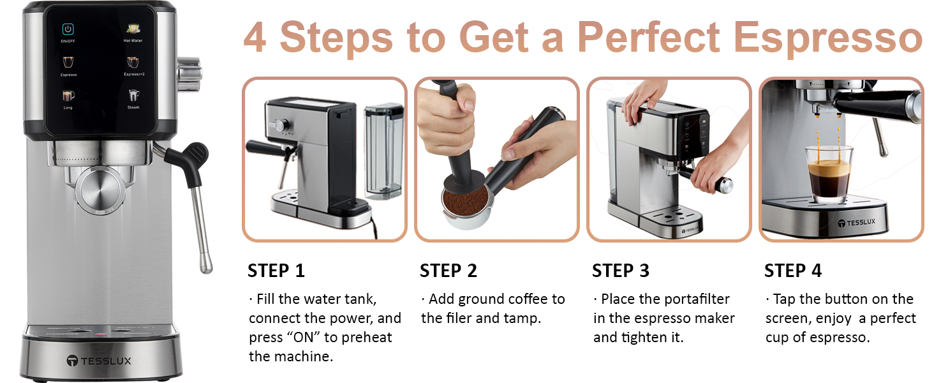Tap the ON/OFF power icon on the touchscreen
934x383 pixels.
tap(68, 29)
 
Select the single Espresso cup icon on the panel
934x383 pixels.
tap(68, 62)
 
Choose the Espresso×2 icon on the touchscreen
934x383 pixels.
tap(133, 62)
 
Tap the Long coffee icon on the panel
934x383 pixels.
tap(68, 96)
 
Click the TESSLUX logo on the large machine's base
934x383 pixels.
tap(99, 361)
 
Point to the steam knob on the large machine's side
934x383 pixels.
tap(189, 74)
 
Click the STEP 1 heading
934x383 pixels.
tap(276, 271)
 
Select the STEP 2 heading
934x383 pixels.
tap(448, 271)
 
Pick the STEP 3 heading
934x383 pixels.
tap(621, 271)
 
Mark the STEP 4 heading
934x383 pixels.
tap(792, 271)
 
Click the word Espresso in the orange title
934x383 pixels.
tap(827, 38)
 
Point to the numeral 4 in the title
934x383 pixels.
tap(255, 38)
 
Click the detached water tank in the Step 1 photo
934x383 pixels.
tap(384, 152)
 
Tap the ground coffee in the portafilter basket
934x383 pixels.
tap(466, 200)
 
